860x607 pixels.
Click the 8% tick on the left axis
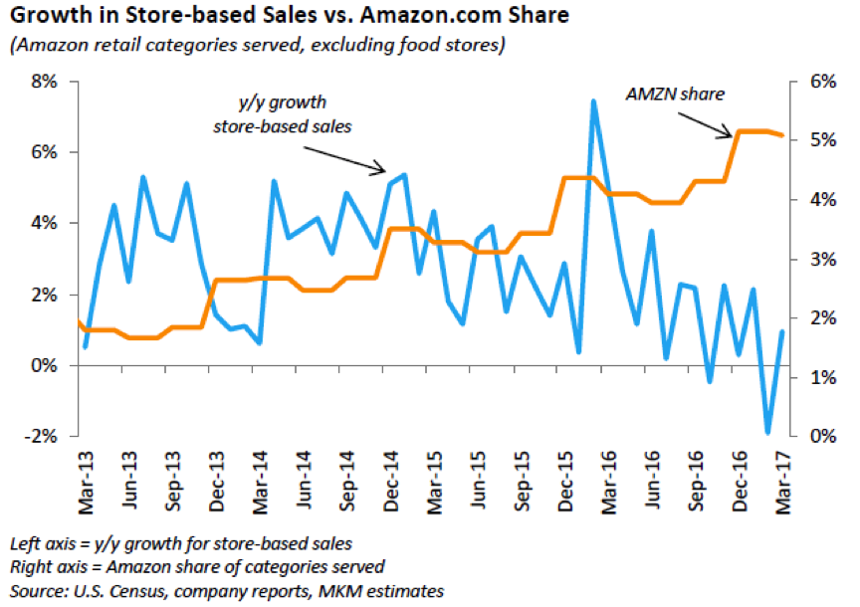46,82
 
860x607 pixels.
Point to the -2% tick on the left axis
46,437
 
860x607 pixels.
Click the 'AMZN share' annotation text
675,96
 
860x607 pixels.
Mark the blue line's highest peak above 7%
593,101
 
